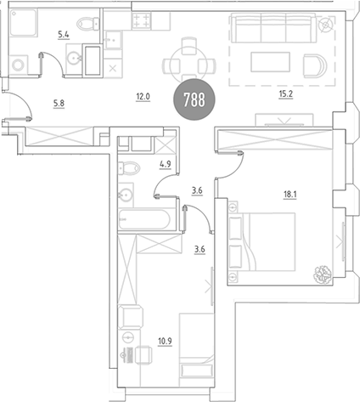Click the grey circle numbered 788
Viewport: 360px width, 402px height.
pos(194,99)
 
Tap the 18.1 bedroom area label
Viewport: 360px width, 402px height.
pos(290,195)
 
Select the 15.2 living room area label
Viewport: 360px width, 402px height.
pos(285,93)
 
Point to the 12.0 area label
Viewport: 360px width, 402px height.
pos(143,97)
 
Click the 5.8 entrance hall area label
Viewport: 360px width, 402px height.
pos(59,104)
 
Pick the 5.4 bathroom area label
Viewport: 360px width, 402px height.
pos(64,35)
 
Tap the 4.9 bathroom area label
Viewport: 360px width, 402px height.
pos(166,164)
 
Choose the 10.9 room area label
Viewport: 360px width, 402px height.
pos(165,341)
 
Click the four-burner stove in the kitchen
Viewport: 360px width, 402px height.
pos(141,20)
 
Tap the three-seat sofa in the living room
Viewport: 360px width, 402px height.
pos(274,28)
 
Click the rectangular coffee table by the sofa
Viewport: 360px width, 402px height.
pos(270,62)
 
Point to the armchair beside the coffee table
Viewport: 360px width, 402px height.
pos(315,65)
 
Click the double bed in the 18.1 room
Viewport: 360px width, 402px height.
pos(262,241)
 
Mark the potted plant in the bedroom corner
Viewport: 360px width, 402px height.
pos(323,275)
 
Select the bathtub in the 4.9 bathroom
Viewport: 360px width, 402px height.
pos(144,219)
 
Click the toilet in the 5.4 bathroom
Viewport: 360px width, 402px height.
pos(88,23)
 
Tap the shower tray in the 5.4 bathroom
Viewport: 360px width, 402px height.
pos(24,23)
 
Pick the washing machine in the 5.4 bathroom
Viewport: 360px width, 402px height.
pos(19,65)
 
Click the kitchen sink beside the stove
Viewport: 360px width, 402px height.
pos(114,40)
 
